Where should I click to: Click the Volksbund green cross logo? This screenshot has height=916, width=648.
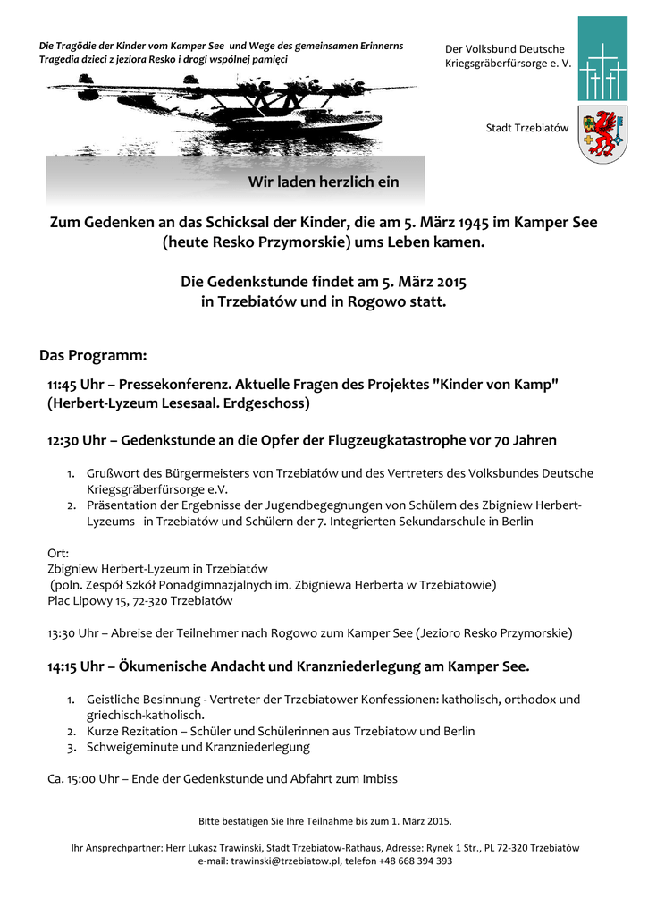pos(602,58)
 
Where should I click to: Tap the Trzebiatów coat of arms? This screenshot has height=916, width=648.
pos(602,134)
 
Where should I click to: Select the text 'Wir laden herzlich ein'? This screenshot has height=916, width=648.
pos(323,182)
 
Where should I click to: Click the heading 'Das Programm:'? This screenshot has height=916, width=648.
pos(93,355)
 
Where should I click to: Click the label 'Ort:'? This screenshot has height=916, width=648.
pos(58,553)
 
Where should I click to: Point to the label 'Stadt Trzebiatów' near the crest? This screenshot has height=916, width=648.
pos(527,128)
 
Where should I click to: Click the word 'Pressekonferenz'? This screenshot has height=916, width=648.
pos(170,384)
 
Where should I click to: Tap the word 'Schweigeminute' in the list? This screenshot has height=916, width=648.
pos(130,746)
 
